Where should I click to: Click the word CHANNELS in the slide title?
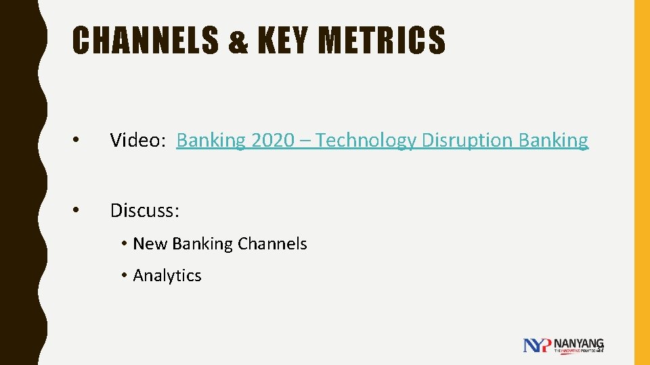click(x=145, y=40)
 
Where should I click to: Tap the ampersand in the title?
click(x=239, y=41)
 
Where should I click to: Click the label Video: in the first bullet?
click(x=137, y=141)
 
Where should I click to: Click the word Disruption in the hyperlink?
click(x=467, y=141)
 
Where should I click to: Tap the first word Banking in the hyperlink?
click(x=211, y=141)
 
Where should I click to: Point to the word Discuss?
click(x=145, y=211)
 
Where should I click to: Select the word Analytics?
click(x=167, y=276)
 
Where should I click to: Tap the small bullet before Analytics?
click(x=125, y=276)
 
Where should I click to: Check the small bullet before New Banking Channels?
click(x=125, y=245)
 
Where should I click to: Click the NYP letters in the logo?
click(x=538, y=345)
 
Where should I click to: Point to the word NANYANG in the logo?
click(x=579, y=343)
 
